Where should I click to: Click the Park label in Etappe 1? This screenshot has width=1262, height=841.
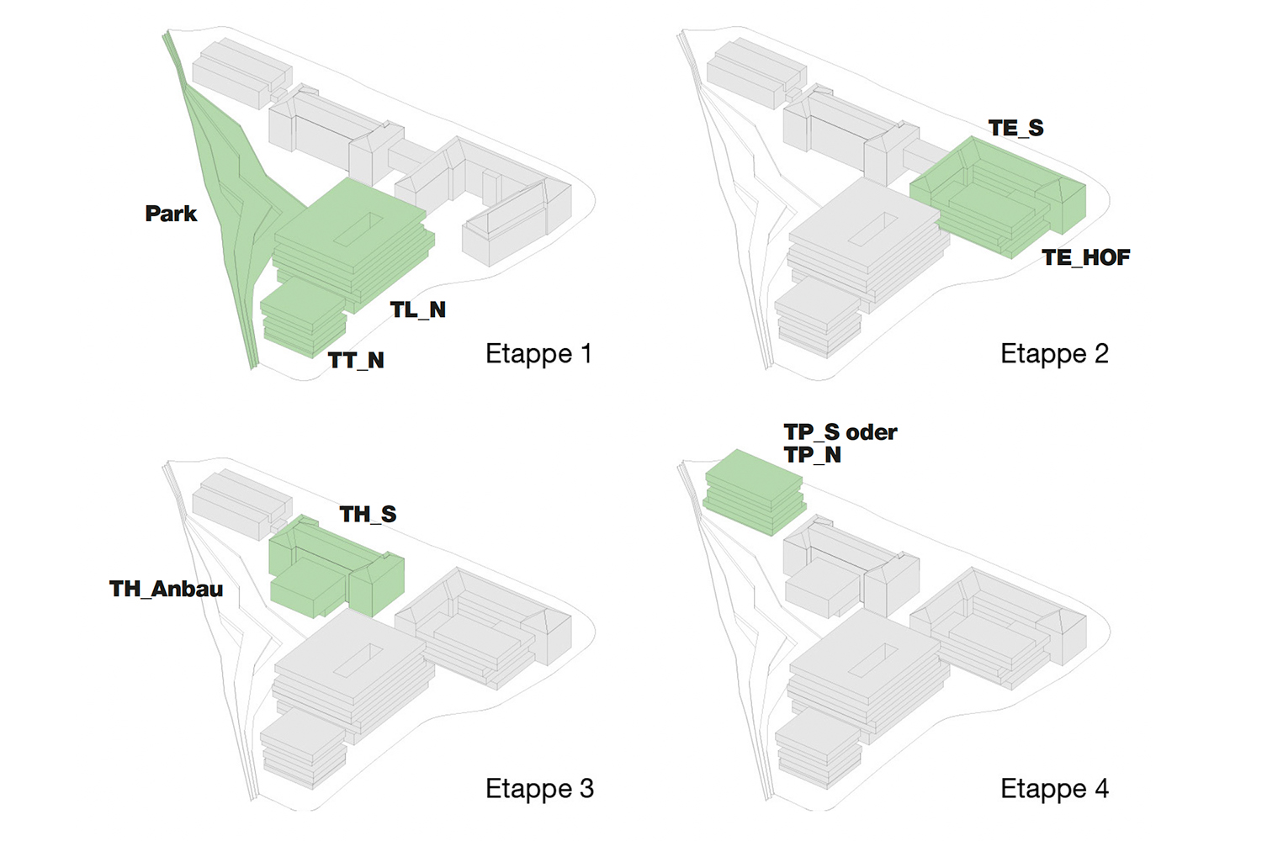(x=171, y=214)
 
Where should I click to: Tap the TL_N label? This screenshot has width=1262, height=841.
(x=418, y=310)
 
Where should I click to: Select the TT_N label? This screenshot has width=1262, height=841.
(x=356, y=361)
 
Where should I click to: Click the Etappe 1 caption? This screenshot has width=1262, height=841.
(x=538, y=353)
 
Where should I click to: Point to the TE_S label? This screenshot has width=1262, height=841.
(x=1015, y=128)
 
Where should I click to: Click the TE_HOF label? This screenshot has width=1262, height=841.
(x=1085, y=257)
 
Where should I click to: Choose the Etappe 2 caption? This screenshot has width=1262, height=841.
(x=1054, y=353)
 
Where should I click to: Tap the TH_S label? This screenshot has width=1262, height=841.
(x=368, y=514)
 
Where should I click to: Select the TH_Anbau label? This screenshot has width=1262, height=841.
(x=166, y=589)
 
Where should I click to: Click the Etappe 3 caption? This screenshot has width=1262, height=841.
(x=539, y=789)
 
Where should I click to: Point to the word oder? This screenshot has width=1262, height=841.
(x=872, y=432)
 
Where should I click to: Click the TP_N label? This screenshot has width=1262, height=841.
(x=812, y=455)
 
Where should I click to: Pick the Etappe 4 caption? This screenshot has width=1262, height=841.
(x=1054, y=789)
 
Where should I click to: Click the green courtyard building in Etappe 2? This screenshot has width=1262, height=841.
(x=993, y=198)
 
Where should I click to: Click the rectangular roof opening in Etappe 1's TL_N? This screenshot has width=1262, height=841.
(x=358, y=229)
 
